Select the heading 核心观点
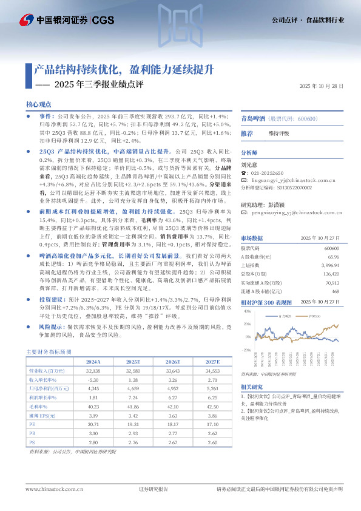[38, 104]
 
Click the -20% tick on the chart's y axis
[246, 350]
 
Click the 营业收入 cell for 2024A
[93, 370]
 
